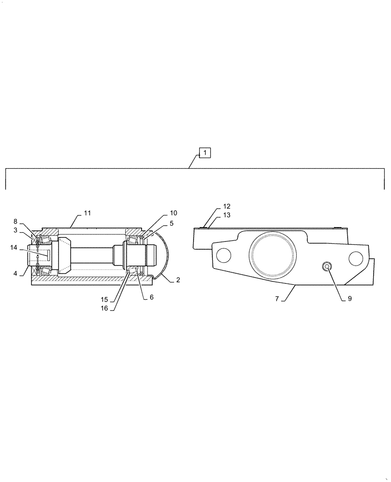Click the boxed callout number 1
tap(205, 153)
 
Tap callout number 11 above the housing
tap(87, 213)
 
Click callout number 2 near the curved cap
tap(178, 280)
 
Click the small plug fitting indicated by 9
tap(327, 267)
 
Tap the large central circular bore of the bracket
tap(272, 252)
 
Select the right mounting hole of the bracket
tap(355, 258)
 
